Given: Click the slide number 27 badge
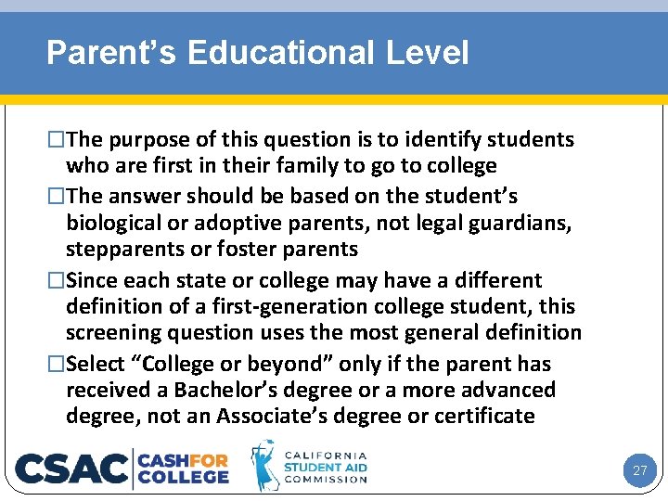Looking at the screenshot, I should coord(639,470).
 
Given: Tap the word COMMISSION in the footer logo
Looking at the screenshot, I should coord(325,480).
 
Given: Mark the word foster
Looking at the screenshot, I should coord(249,250).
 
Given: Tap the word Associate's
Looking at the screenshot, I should coord(269,416).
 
